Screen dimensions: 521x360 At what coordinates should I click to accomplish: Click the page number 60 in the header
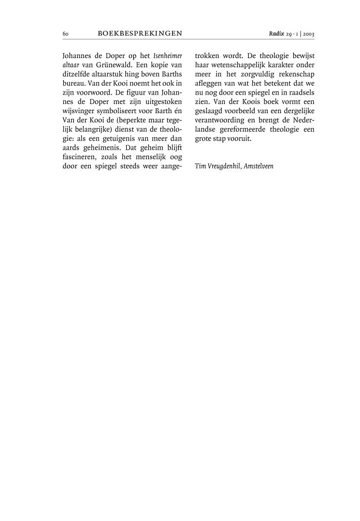pos(65,34)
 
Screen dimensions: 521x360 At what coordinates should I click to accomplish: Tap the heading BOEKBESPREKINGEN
pos(140,34)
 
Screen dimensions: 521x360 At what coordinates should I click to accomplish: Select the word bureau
pos(74,83)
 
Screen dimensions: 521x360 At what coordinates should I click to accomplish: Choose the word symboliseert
pos(123,111)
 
